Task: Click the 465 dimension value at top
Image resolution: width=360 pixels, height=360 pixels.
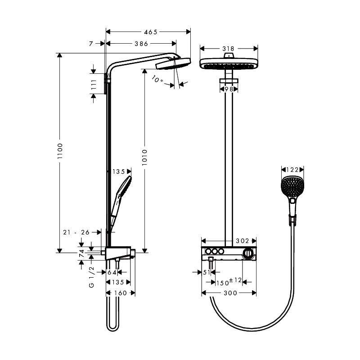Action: point(151,32)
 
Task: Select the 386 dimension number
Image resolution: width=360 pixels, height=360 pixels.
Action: point(141,44)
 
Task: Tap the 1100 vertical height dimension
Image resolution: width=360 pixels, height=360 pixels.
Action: point(60,151)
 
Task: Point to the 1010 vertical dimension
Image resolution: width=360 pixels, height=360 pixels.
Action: point(144,157)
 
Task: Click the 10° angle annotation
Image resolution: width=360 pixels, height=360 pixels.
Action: point(157,79)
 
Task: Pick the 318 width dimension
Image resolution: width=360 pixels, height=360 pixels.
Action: point(228,49)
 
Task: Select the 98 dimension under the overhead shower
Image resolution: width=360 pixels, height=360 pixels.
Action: point(229,89)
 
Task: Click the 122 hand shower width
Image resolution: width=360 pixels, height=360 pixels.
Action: point(292,170)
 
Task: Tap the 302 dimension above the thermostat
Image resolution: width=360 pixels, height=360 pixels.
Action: point(243,241)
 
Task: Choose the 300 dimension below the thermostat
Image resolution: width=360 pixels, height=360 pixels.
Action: point(230,293)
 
